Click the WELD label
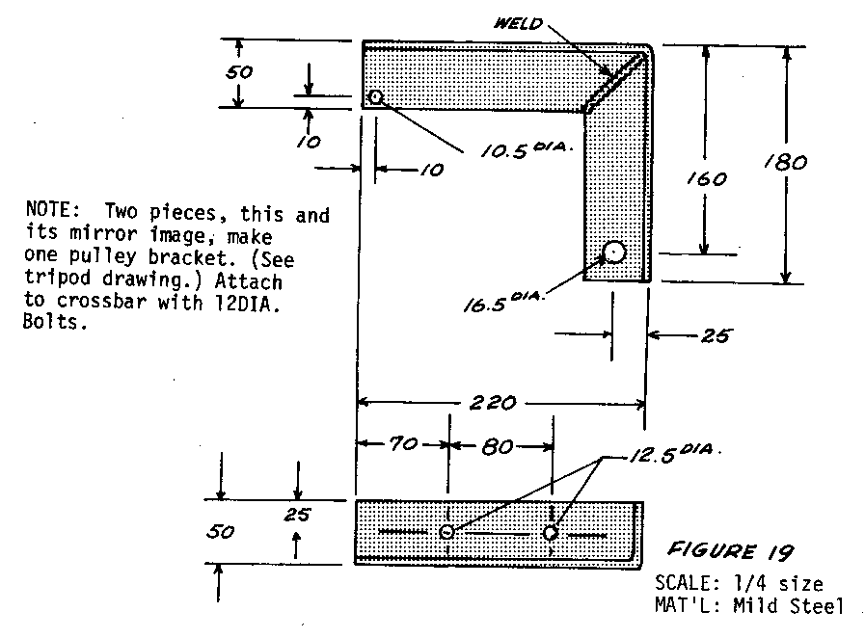(x=522, y=25)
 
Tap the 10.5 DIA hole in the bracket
(x=376, y=97)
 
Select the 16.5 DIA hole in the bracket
(x=614, y=253)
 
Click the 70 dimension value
(x=401, y=445)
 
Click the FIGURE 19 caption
(x=731, y=552)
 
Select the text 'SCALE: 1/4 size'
(x=738, y=583)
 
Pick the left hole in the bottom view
(x=446, y=532)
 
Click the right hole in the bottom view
(x=551, y=532)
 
